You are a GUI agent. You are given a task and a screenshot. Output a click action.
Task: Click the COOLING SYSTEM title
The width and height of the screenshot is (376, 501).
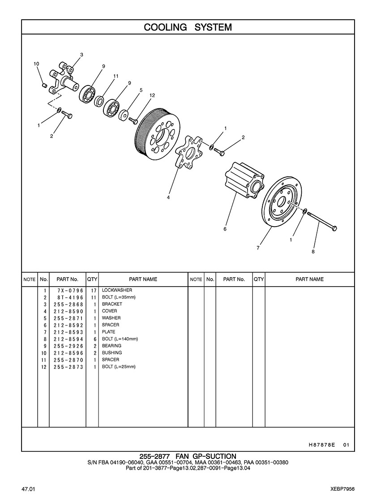click(188, 27)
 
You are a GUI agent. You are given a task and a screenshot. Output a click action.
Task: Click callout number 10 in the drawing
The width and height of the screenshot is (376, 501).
click(37, 64)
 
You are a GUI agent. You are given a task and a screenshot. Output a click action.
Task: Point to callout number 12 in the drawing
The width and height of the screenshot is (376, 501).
click(152, 95)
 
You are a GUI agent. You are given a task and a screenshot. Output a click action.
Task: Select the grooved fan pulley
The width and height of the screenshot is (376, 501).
click(158, 134)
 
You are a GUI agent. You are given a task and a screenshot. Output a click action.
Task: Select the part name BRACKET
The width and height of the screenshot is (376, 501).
click(112, 304)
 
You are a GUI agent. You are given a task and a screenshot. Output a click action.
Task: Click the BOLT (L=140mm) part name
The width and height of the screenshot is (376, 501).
click(120, 339)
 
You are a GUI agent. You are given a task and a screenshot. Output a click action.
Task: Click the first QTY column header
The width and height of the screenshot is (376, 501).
click(92, 279)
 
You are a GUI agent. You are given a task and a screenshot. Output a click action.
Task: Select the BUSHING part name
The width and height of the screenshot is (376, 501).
click(111, 353)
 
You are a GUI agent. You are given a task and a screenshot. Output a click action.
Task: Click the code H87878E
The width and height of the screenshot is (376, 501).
click(322, 445)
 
